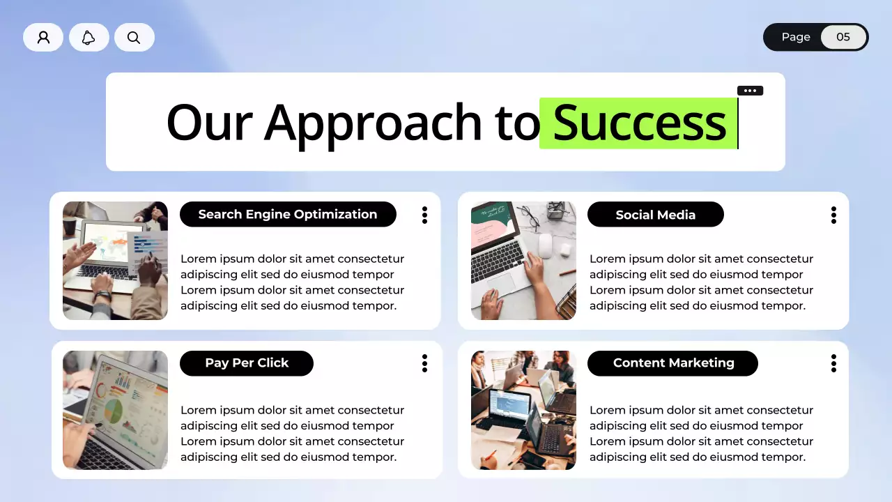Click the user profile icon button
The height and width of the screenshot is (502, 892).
pyautogui.click(x=43, y=37)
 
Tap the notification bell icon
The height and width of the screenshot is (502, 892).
pyautogui.click(x=89, y=37)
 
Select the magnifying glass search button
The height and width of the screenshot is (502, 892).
pyautogui.click(x=134, y=37)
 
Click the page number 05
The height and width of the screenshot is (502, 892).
pyautogui.click(x=843, y=37)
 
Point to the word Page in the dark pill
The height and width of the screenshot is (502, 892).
pyautogui.click(x=796, y=37)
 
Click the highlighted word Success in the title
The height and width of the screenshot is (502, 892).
pyautogui.click(x=639, y=123)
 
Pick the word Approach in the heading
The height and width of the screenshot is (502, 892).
pyautogui.click(x=372, y=123)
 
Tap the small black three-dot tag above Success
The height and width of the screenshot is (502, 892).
pyautogui.click(x=751, y=91)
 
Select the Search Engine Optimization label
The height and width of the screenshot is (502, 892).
pyautogui.click(x=288, y=214)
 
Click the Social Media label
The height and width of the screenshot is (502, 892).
pyautogui.click(x=656, y=214)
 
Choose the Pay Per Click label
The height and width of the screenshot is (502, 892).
pyautogui.click(x=247, y=363)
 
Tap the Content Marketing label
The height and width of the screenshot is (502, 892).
pyautogui.click(x=672, y=363)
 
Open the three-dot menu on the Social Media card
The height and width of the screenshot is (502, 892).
pyautogui.click(x=833, y=215)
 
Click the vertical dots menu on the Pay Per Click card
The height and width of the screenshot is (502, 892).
pyautogui.click(x=424, y=363)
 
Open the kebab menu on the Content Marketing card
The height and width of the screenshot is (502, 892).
pyautogui.click(x=833, y=363)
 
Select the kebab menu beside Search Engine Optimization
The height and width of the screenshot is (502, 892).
pyautogui.click(x=424, y=215)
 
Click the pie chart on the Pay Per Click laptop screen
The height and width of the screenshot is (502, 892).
pyautogui.click(x=114, y=411)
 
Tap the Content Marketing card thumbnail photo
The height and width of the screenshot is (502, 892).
pyautogui.click(x=523, y=410)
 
